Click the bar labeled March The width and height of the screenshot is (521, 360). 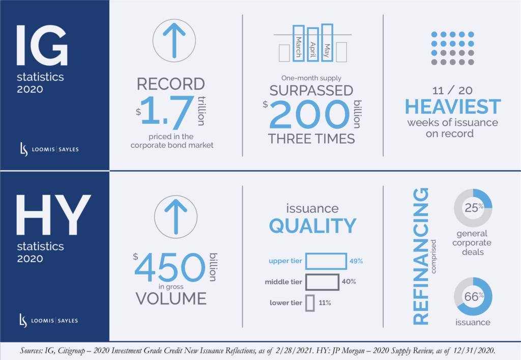tap(299, 44)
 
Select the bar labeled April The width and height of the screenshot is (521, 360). tap(313, 45)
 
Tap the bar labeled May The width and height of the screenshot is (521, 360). tap(327, 43)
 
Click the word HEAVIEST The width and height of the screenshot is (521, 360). tap(453, 106)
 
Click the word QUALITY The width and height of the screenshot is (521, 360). tap(312, 225)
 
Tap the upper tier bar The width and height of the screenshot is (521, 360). tap(326, 262)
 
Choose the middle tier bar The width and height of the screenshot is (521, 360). tap(322, 282)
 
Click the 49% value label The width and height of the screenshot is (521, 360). tap(356, 262)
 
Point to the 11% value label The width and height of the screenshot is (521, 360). tap(325, 303)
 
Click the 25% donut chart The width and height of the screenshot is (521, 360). tap(473, 208)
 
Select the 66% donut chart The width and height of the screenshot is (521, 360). tap(473, 296)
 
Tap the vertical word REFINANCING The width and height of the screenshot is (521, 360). tap(420, 255)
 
